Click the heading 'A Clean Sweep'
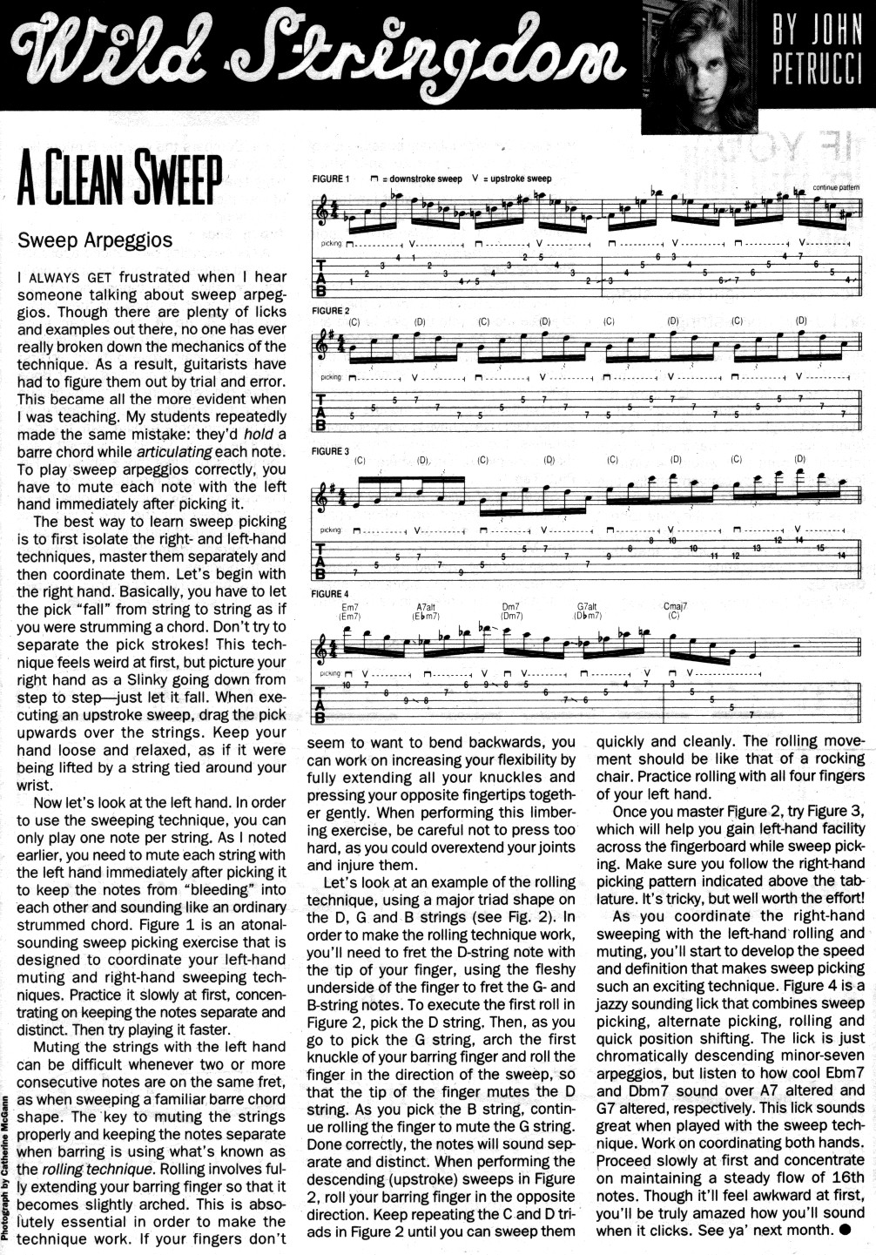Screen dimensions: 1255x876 click(119, 179)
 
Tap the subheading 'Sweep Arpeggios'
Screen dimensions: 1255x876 click(95, 240)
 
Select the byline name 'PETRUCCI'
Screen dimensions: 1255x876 click(816, 71)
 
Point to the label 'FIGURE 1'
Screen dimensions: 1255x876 click(331, 179)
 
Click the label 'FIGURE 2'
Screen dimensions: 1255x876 click(331, 311)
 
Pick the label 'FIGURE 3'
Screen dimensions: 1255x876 click(331, 451)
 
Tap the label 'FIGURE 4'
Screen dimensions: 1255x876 click(331, 594)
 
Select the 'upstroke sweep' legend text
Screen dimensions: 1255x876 click(521, 179)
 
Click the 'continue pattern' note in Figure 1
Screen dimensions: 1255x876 click(836, 187)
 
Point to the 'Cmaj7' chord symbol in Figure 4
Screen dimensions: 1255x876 click(675, 606)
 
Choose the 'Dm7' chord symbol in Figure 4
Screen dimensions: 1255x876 click(510, 606)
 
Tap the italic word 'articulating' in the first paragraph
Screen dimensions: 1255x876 click(174, 452)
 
